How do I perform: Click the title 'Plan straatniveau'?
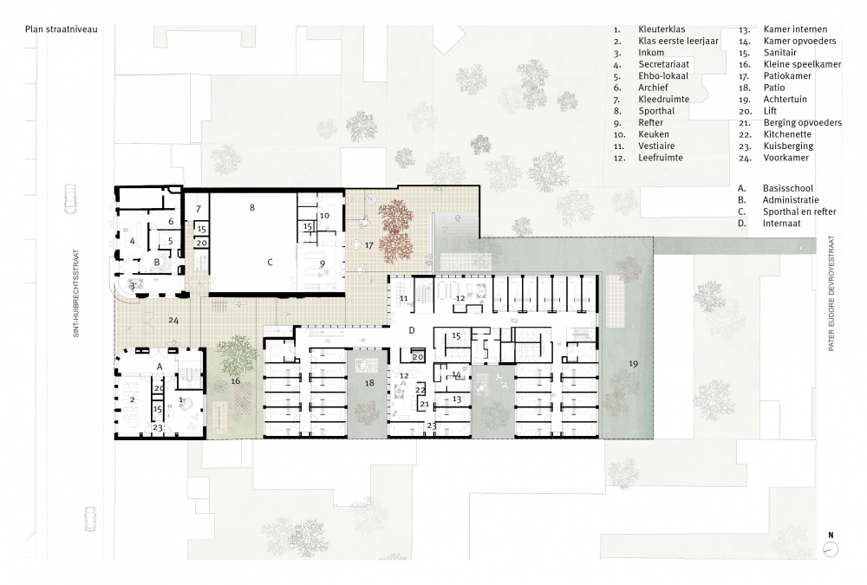coord(62,29)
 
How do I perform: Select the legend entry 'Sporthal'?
coord(656,111)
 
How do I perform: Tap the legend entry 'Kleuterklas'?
coord(662,29)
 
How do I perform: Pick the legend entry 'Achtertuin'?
coord(785,100)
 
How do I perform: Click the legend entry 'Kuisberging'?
coord(788,146)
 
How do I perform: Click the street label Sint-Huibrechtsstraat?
coord(76,294)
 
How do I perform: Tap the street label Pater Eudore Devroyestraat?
coord(831,293)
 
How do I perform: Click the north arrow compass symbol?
coord(831,549)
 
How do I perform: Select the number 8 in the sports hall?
coord(252,208)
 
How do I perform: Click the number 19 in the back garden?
coord(633,363)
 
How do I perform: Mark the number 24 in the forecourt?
coord(173,321)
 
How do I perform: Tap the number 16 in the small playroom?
coord(236,381)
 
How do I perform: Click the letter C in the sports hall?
coord(270,263)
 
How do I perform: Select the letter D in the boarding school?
coord(411,331)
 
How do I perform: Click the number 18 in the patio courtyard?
coord(369,382)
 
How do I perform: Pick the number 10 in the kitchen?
coord(324,216)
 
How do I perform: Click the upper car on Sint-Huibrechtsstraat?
coord(71,198)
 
